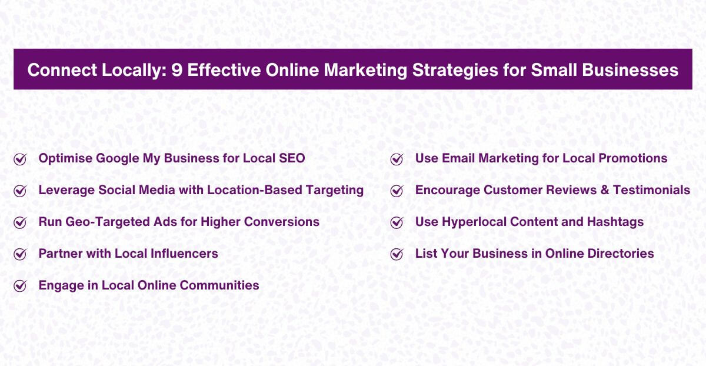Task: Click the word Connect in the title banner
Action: coord(56,70)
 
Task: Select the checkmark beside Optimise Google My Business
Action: coord(20,159)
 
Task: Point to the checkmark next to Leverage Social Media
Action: coord(20,191)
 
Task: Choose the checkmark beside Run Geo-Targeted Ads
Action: coord(20,222)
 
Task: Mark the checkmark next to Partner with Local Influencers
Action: coord(20,254)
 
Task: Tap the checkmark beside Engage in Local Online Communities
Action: coord(20,286)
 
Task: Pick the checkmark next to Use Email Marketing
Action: coord(397,159)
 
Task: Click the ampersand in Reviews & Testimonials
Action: coord(603,190)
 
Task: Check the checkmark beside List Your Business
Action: coord(397,254)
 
